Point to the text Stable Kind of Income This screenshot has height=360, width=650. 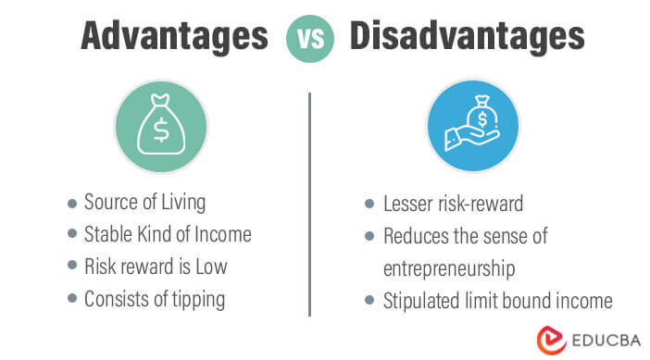click(167, 235)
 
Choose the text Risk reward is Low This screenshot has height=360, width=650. click(155, 267)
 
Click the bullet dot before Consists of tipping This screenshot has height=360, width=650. click(72, 299)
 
